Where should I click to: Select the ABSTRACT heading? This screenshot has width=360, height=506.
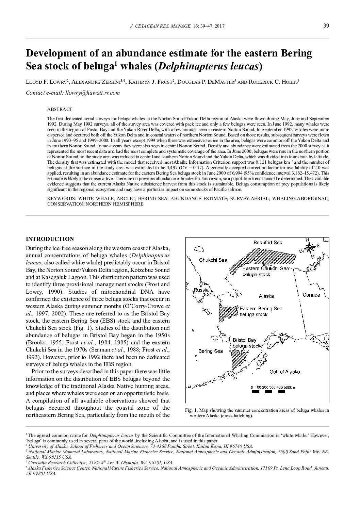point(60,109)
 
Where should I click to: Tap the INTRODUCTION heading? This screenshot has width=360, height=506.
point(50,239)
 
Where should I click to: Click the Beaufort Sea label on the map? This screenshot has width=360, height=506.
point(268,243)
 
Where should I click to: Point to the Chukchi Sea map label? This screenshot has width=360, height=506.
point(213,260)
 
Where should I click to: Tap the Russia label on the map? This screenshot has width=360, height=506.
point(201,290)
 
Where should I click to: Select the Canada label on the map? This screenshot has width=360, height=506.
point(311,295)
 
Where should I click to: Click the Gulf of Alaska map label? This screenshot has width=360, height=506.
point(284,372)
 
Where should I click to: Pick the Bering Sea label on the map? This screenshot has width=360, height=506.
point(210,351)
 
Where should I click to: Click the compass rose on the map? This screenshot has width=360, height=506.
point(310,247)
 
